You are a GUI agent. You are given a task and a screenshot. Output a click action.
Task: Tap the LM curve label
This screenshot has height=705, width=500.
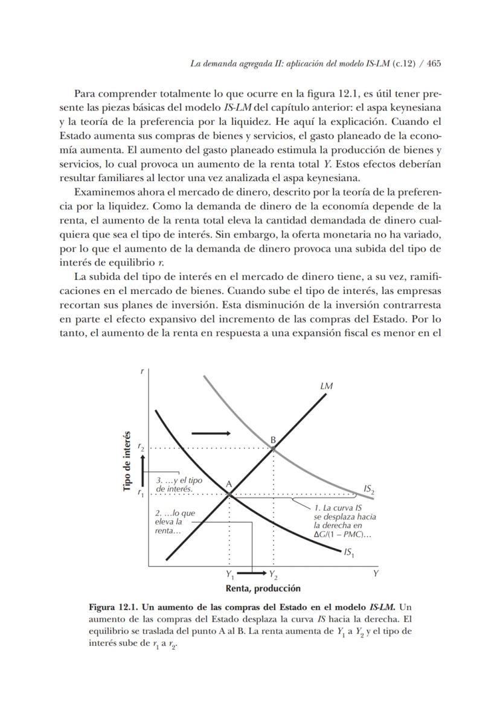[x=327, y=386]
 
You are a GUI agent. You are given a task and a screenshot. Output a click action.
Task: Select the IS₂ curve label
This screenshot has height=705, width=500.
[x=369, y=489]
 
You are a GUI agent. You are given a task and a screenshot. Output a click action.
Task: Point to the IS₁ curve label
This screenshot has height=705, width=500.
[x=348, y=552]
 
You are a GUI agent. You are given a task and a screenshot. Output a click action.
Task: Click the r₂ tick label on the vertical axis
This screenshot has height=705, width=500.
[x=141, y=448]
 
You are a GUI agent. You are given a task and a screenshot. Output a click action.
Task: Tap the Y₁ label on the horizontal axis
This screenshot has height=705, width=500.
[x=230, y=574]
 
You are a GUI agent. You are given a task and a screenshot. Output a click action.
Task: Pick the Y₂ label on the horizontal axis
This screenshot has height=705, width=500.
[x=274, y=574]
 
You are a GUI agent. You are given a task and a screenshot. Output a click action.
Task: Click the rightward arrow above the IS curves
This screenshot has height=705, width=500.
[x=211, y=433]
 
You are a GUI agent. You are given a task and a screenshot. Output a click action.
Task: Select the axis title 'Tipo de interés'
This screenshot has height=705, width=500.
[x=127, y=462]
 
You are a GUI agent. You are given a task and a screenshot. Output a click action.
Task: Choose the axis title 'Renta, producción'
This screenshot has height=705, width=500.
[x=263, y=588]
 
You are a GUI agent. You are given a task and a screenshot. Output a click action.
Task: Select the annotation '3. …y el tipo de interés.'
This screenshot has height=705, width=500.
[x=179, y=484]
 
